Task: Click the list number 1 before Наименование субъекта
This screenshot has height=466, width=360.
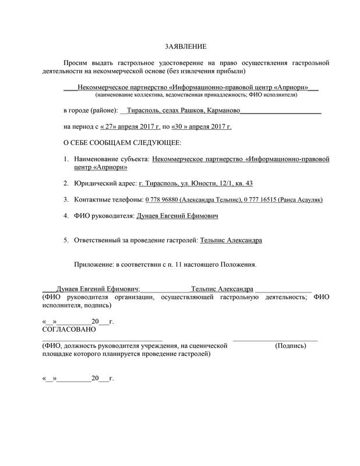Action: point(65,158)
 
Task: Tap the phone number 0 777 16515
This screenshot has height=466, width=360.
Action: point(260,200)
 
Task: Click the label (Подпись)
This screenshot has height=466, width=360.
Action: point(290,345)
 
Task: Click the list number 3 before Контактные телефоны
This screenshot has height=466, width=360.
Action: point(65,200)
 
